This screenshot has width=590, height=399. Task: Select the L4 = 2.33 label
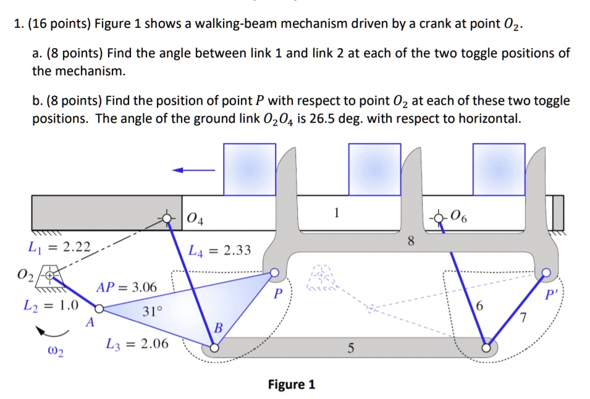(219, 250)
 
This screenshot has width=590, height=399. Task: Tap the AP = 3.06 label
(126, 287)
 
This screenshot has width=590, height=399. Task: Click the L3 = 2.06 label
(137, 343)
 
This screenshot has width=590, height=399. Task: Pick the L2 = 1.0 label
(51, 305)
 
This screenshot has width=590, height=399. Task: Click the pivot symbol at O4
(167, 218)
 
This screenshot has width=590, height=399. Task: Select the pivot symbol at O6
(439, 217)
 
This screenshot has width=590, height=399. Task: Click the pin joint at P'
(546, 272)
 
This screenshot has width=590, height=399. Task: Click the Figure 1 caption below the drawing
(292, 385)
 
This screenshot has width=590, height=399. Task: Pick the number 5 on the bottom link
(350, 349)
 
